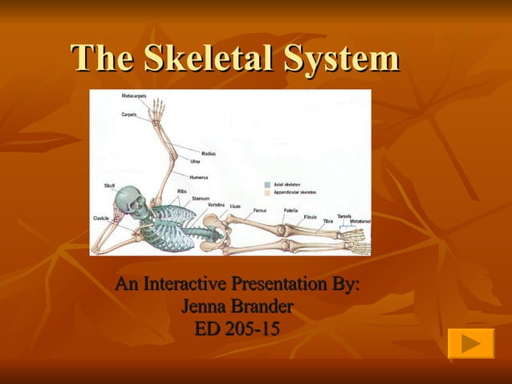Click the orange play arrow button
point(470,343)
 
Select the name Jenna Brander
point(237,306)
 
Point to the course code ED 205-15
point(237,328)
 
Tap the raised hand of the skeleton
point(157,108)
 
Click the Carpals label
point(128,114)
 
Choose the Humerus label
point(199,177)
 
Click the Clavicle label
point(101,218)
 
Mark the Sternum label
point(201,198)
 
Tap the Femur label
point(259,210)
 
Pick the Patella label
point(291,210)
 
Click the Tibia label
point(327,221)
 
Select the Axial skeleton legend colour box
point(267,184)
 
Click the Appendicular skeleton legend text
point(295,193)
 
